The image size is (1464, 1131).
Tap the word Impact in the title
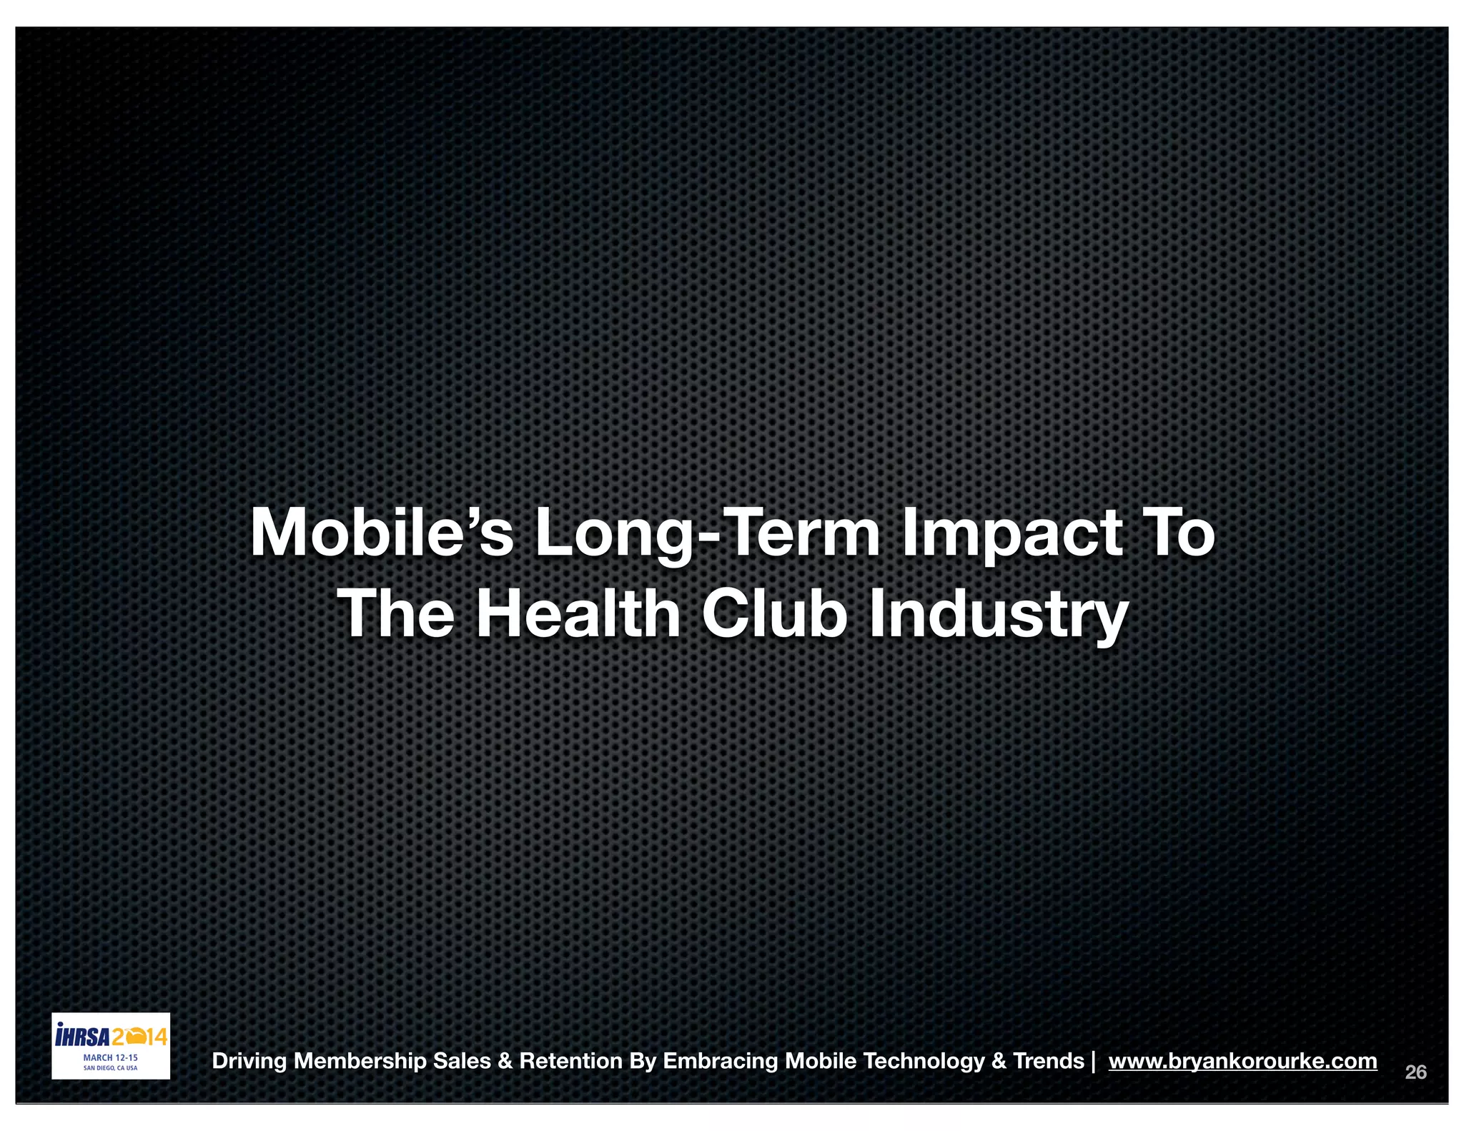1012,535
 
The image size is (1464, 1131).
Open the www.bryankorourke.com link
1242,1060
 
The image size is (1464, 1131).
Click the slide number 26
1415,1072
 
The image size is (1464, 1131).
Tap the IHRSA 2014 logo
111,1036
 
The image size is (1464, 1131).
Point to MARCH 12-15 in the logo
111,1057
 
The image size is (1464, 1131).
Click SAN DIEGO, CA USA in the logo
111,1068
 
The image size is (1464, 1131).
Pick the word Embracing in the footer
721,1061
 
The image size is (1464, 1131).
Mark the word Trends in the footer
1048,1060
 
